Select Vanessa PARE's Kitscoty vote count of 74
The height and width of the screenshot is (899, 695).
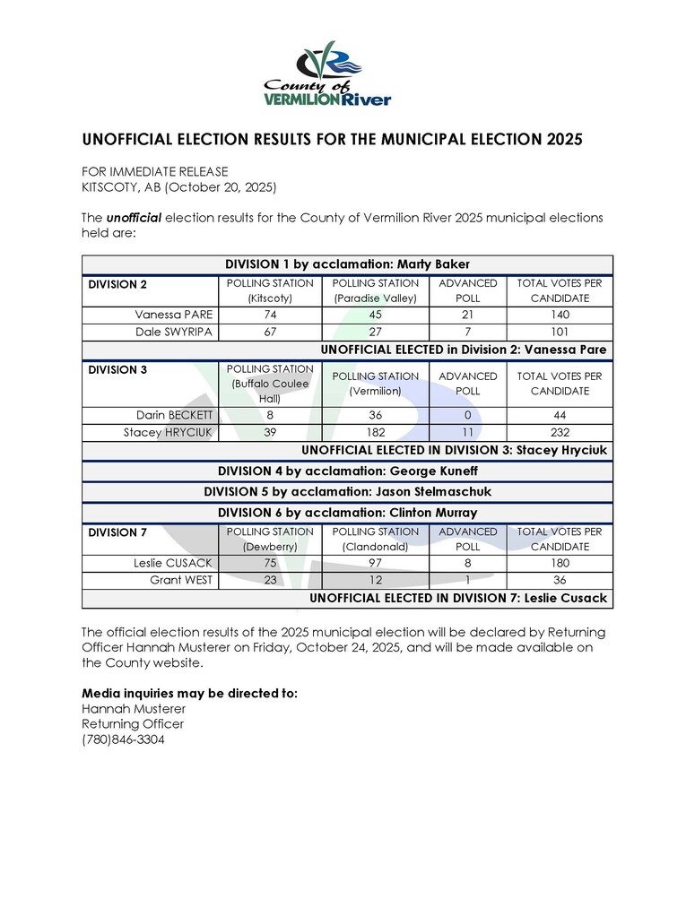[270, 316]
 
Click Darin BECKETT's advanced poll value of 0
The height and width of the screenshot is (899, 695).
[467, 416]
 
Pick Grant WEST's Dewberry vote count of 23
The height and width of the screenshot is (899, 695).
[270, 580]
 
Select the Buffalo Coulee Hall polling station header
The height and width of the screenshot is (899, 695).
[270, 384]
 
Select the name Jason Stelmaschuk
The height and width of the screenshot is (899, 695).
[427, 492]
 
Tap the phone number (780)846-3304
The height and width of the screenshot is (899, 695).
[123, 740]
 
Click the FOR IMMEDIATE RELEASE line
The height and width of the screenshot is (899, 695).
[154, 172]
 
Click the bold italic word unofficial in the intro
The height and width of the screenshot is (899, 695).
[134, 218]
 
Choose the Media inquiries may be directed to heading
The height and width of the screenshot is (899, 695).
[189, 694]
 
